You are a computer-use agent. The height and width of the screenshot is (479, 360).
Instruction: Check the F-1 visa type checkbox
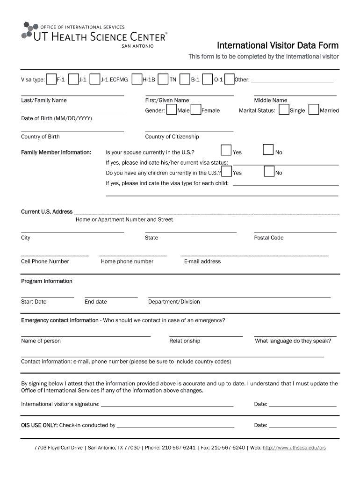coord(51,79)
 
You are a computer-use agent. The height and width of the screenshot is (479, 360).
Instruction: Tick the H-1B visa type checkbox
coord(137,79)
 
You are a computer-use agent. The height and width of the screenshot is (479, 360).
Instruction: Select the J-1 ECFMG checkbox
coord(95,79)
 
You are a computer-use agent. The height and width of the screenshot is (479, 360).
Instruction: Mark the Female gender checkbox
coord(195,110)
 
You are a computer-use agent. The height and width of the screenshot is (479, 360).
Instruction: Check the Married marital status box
coord(314,110)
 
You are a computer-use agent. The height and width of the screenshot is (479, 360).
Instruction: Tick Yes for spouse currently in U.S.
coord(226,150)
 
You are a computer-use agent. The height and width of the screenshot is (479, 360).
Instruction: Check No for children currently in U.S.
coord(269,171)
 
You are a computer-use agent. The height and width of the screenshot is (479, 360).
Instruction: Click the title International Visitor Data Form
coord(278,45)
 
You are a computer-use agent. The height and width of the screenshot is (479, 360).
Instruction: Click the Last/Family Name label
coord(44,100)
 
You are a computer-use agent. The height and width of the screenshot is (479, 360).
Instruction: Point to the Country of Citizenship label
coord(172,137)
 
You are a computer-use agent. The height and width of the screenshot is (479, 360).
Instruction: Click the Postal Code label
coord(269,238)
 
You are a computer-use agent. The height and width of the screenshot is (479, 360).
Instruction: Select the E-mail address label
coord(202,261)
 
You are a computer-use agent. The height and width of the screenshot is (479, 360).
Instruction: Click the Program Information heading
coord(47,281)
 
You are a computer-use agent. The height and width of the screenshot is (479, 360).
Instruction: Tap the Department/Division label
coord(174,302)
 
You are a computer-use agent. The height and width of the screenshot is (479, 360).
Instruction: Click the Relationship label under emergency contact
coord(185,341)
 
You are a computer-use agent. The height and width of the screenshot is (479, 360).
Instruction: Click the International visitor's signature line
coord(167,405)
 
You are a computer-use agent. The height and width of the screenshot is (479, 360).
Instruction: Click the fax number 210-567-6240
coord(228,448)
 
